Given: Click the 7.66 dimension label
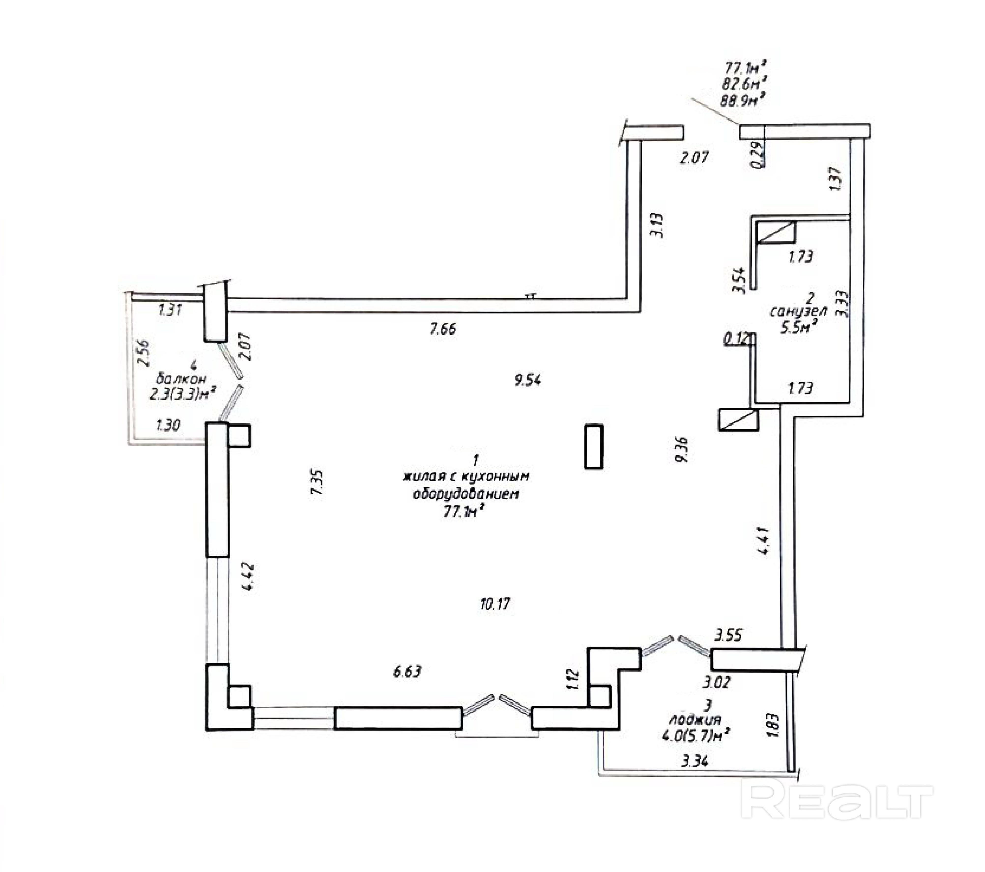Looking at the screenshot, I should (442, 329).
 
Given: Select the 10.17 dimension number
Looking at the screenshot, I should (495, 604).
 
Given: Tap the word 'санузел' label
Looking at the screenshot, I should (798, 312).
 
